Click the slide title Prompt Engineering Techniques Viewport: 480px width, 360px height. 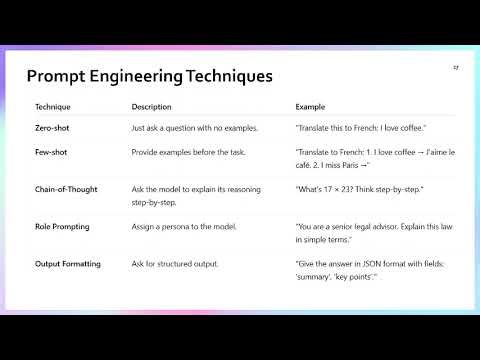[149, 76]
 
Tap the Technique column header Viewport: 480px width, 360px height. [53, 106]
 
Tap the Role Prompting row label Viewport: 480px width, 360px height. [62, 227]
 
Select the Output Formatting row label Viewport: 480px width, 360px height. [70, 264]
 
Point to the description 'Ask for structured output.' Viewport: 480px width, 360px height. [175, 264]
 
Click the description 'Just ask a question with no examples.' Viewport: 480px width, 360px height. [195, 128]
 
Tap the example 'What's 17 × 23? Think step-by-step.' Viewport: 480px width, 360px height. [360, 188]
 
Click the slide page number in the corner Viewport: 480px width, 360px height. [455, 67]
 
